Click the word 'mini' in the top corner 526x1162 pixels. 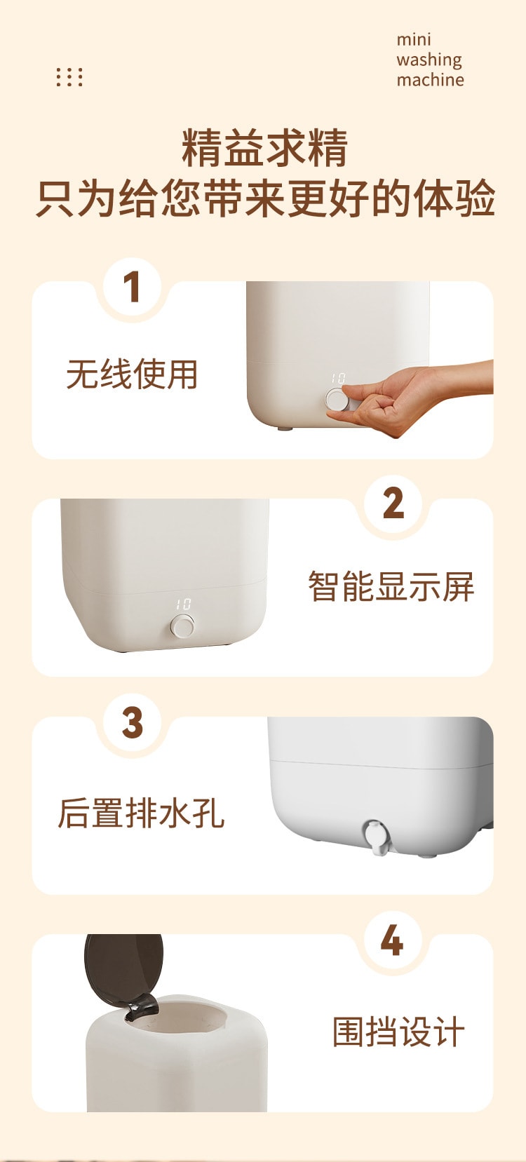pyautogui.click(x=413, y=39)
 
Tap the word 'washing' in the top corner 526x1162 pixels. pyautogui.click(x=429, y=61)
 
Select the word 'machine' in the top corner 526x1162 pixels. pyautogui.click(x=430, y=80)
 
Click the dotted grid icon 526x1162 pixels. pyautogui.click(x=69, y=76)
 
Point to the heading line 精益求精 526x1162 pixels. pyautogui.click(x=264, y=149)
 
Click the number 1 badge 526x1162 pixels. pyautogui.click(x=133, y=286)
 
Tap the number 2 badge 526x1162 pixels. pyautogui.click(x=393, y=504)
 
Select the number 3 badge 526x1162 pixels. pyautogui.click(x=133, y=722)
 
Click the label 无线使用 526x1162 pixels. pyautogui.click(x=132, y=374)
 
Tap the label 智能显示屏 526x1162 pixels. pyautogui.click(x=391, y=587)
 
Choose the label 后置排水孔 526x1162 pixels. pyautogui.click(x=141, y=813)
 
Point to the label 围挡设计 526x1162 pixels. pyautogui.click(x=398, y=1032)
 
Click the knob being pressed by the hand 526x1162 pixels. pyautogui.click(x=336, y=400)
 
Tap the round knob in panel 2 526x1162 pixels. pyautogui.click(x=182, y=626)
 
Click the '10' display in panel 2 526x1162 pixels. pyautogui.click(x=183, y=604)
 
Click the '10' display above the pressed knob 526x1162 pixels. pyautogui.click(x=338, y=378)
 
